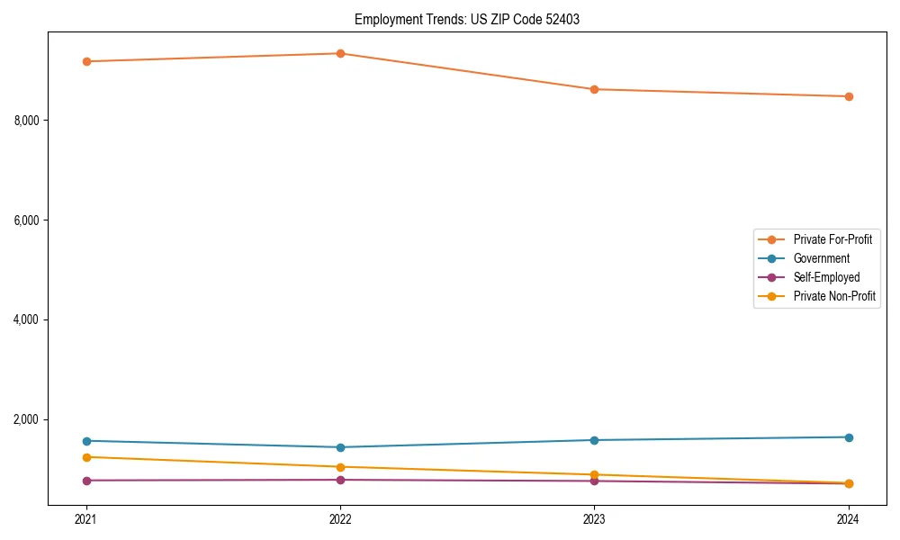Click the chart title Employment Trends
coord(466,19)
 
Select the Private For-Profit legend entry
coord(832,239)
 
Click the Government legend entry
coord(821,258)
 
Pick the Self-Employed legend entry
coord(826,277)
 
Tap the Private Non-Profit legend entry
coord(834,296)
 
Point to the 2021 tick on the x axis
coord(86,518)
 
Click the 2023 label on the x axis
coord(594,518)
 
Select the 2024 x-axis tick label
coord(848,518)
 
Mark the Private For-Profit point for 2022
coord(340,53)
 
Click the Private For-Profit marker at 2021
coord(86,61)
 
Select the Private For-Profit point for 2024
coord(848,96)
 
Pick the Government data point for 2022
coord(340,447)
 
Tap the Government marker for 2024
coord(848,437)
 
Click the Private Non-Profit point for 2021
coord(86,457)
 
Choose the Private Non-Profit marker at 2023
coord(594,474)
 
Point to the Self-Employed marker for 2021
coord(86,481)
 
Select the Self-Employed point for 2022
coord(340,480)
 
